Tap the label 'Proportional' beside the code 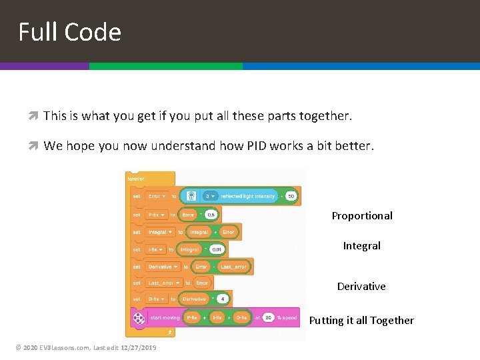click(362, 215)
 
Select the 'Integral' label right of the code click(361, 245)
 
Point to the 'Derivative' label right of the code click(361, 286)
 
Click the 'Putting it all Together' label click(361, 320)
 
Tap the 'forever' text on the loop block click(136, 179)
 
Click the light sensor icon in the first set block click(191, 197)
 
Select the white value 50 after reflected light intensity click(291, 197)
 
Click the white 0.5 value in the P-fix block click(211, 215)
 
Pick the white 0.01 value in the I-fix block click(217, 249)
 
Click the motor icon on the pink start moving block click(139, 318)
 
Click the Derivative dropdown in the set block click(163, 267)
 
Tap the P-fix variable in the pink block click(193, 318)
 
